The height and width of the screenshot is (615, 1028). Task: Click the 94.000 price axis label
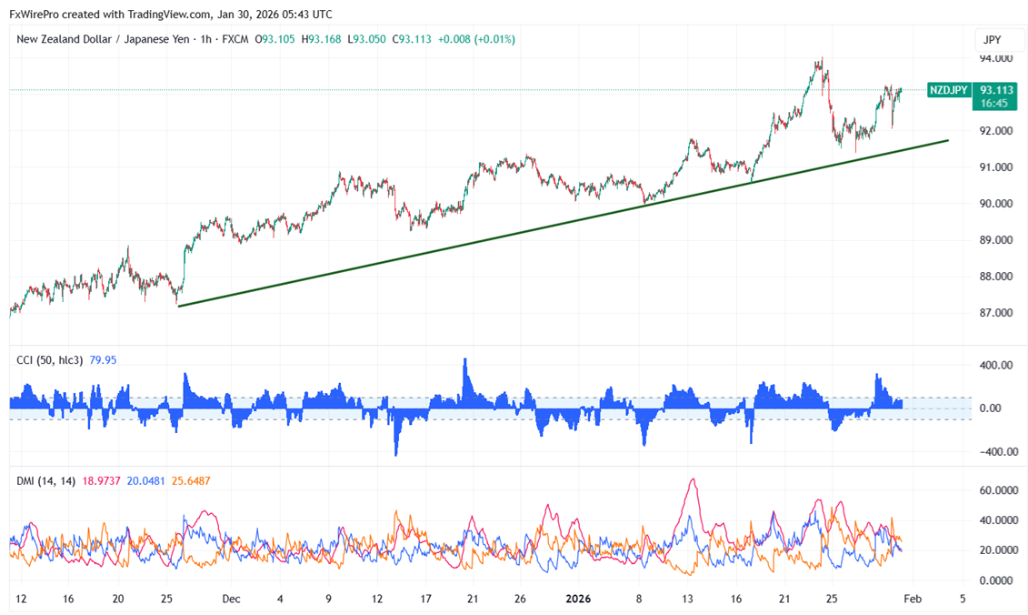coord(994,58)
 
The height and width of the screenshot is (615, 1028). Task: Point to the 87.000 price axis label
coord(994,313)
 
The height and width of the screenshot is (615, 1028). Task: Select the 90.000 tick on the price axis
coord(994,204)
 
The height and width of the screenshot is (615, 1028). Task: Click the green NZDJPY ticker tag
coord(948,90)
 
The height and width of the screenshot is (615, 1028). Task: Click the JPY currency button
coord(992,40)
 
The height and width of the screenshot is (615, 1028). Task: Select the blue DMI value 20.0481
coord(146,480)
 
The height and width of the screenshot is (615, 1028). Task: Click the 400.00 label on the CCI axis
coord(996,365)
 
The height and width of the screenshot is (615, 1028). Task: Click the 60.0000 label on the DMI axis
coord(998,490)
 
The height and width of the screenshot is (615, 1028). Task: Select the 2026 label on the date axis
coord(579,600)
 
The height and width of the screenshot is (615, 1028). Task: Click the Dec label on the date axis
coord(231,600)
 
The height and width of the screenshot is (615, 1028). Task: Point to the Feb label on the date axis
coord(914,600)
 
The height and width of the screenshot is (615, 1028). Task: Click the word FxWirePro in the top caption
coord(35,14)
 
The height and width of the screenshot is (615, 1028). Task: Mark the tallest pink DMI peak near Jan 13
coord(694,479)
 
